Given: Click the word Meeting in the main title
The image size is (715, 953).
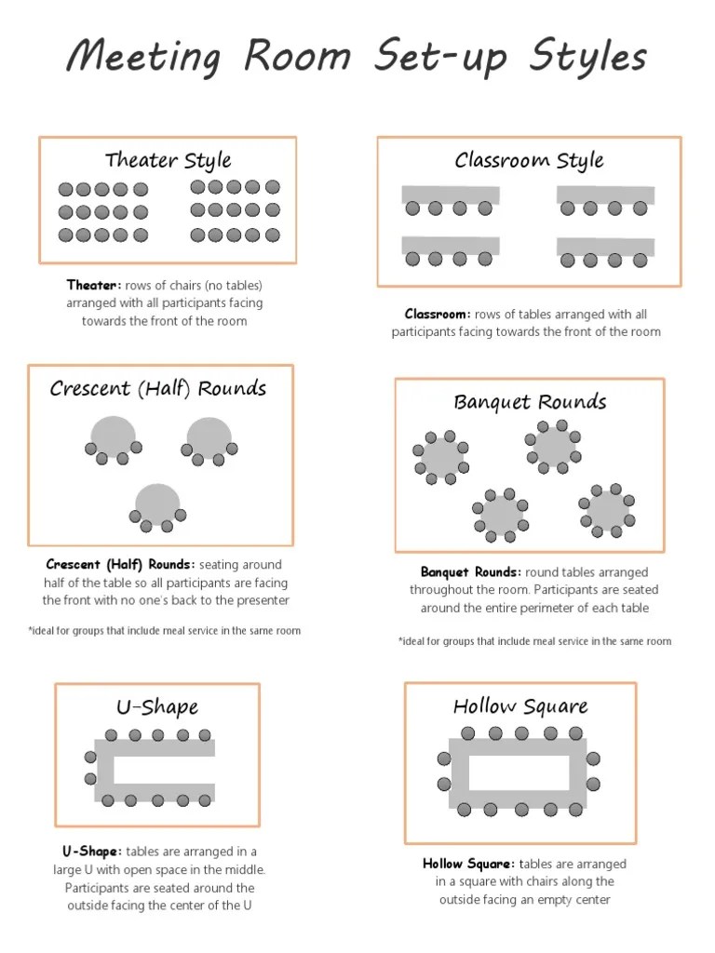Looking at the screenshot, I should click(x=143, y=58).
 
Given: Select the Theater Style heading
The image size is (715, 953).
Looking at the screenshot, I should click(x=168, y=160).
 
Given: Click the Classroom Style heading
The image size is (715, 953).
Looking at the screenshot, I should click(x=529, y=160).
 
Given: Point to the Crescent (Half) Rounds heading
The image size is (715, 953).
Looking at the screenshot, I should click(x=158, y=388).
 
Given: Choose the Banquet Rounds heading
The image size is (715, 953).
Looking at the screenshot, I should click(x=530, y=402).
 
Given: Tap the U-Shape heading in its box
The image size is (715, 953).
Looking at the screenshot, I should click(x=157, y=707).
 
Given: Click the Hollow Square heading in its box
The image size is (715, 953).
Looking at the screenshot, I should click(x=520, y=706).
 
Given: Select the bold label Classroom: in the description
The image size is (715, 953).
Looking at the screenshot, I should click(x=438, y=315).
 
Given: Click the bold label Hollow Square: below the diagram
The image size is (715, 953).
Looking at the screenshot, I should click(x=469, y=864).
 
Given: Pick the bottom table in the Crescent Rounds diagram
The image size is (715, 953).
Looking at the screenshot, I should click(x=157, y=503).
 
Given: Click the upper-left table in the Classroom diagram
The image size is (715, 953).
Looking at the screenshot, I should click(x=451, y=195).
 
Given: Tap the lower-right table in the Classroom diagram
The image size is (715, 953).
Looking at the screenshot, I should click(x=605, y=247).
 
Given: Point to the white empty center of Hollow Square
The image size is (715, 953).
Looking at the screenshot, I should click(x=519, y=772).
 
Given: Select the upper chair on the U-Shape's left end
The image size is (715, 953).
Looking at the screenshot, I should click(x=90, y=756).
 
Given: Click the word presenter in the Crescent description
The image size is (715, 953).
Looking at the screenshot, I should click(x=260, y=600).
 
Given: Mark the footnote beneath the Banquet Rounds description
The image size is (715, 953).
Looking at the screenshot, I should click(x=534, y=641).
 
